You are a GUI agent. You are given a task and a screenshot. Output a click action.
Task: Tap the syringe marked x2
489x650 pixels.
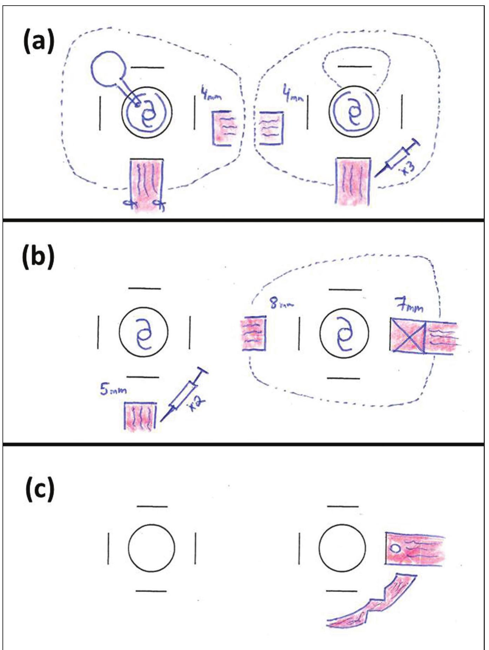pos(183,394)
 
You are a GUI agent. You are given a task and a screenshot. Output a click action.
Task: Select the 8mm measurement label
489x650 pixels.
pos(282,303)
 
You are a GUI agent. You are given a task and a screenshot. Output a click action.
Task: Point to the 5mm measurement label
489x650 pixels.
pos(113,390)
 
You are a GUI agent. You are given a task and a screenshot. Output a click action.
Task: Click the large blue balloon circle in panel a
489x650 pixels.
pos(108,69)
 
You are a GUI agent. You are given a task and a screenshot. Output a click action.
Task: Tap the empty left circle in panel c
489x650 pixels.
pos(151,548)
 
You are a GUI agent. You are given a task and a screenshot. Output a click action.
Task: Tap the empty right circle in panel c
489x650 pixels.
pos(342,548)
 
